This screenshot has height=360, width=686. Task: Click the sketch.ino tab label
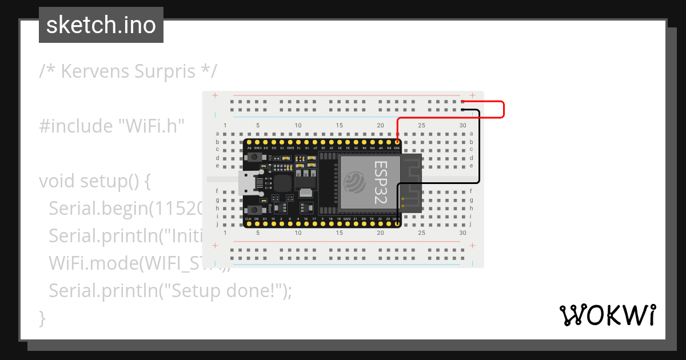pyautogui.click(x=101, y=25)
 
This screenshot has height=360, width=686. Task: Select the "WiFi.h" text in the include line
pyautogui.click(x=151, y=126)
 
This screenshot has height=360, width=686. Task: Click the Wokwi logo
pyautogui.click(x=607, y=315)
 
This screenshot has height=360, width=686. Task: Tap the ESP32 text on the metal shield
pyautogui.click(x=381, y=182)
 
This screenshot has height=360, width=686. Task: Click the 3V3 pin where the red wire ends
pyautogui.click(x=397, y=141)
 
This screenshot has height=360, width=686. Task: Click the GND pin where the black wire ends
pyautogui.click(x=397, y=224)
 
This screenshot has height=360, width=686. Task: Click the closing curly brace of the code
pyautogui.click(x=42, y=318)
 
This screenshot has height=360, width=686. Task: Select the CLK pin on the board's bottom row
pyautogui.click(x=248, y=224)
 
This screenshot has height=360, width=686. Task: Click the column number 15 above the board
pyautogui.click(x=340, y=126)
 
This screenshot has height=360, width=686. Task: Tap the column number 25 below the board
pyautogui.click(x=421, y=233)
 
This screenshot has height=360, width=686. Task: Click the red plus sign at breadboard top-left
pyautogui.click(x=215, y=95)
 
